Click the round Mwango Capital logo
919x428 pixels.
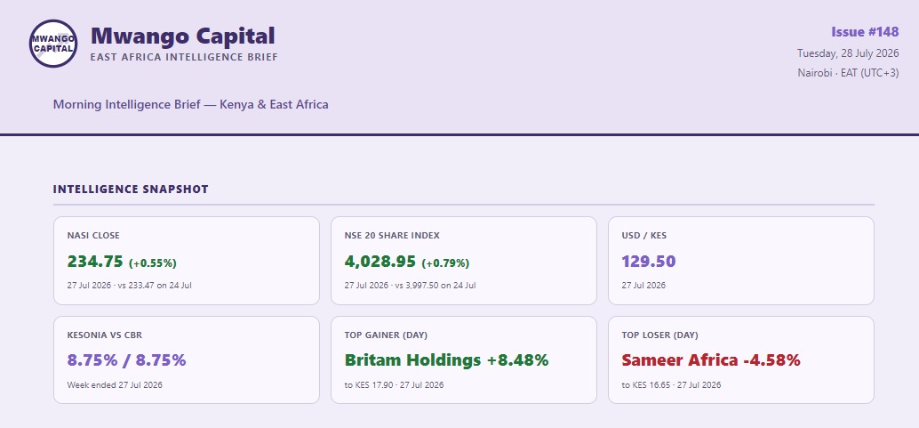(x=53, y=44)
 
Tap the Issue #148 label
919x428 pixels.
(x=865, y=32)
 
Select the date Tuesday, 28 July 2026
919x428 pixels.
(x=848, y=53)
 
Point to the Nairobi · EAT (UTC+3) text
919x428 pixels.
(x=848, y=73)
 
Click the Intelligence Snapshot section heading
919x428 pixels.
(x=131, y=189)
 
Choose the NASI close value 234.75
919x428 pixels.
(x=95, y=262)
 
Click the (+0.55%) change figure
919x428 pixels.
(x=152, y=263)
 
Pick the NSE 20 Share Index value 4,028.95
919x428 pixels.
(x=380, y=262)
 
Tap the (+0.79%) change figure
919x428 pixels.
(x=445, y=263)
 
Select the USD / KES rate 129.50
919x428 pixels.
(x=649, y=262)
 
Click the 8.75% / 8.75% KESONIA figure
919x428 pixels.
(x=126, y=359)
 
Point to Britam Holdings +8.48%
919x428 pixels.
(x=446, y=359)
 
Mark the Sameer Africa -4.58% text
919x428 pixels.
(x=711, y=359)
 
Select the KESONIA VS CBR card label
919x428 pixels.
(x=104, y=335)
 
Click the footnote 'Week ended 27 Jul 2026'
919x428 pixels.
(x=115, y=385)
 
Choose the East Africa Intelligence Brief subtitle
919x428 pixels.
(x=184, y=57)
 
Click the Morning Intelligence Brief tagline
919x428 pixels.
(x=190, y=104)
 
